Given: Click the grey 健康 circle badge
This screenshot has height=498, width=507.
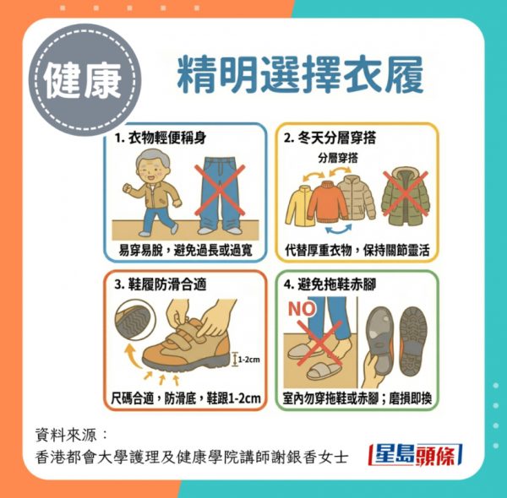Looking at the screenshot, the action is coord(84,79).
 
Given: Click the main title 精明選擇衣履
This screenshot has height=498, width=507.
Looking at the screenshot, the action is coord(300,75).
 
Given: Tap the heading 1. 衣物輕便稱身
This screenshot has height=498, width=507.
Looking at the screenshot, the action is coord(161,138).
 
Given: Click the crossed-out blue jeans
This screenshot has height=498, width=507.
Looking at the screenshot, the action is coord(220,195).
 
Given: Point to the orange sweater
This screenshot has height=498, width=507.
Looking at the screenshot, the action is coord(327,203).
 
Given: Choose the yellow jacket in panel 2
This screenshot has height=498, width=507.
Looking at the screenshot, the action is coord(298,205).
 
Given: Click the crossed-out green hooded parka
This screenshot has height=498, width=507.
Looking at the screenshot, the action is coord(406,196).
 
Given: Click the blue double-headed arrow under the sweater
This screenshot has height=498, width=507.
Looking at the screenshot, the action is coord(338,229).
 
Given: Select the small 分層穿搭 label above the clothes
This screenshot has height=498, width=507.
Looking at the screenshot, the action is coord(338,158).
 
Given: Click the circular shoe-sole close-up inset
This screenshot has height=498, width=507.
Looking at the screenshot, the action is coord(135,319).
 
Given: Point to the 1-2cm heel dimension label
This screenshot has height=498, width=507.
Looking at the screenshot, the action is coord(249,360).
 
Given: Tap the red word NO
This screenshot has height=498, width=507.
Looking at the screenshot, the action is coord(302,308).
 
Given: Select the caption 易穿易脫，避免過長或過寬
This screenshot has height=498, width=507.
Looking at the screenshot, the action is coord(186,250).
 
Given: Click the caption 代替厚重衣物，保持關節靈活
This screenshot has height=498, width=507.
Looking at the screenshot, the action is coord(357,250).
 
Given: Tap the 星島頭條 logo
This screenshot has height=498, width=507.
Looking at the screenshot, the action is coord(416,455).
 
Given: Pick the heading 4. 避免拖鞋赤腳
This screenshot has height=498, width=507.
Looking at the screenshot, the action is coord(330,284).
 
